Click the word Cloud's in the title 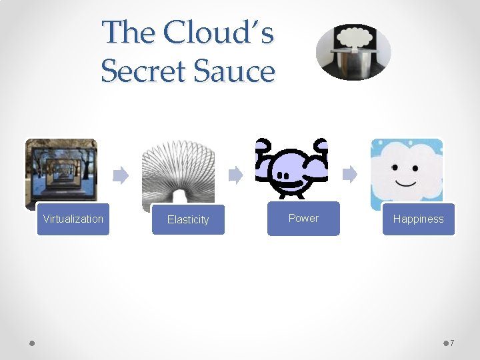[x=219, y=32]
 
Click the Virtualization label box [x=73, y=219]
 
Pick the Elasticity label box [x=188, y=220]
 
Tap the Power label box [x=303, y=219]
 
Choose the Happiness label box [x=418, y=219]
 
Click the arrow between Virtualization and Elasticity [x=120, y=175]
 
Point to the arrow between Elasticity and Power [x=235, y=175]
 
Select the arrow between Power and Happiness [x=350, y=175]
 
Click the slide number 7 [x=452, y=343]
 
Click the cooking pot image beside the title [x=353, y=63]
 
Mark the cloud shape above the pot [x=354, y=37]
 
